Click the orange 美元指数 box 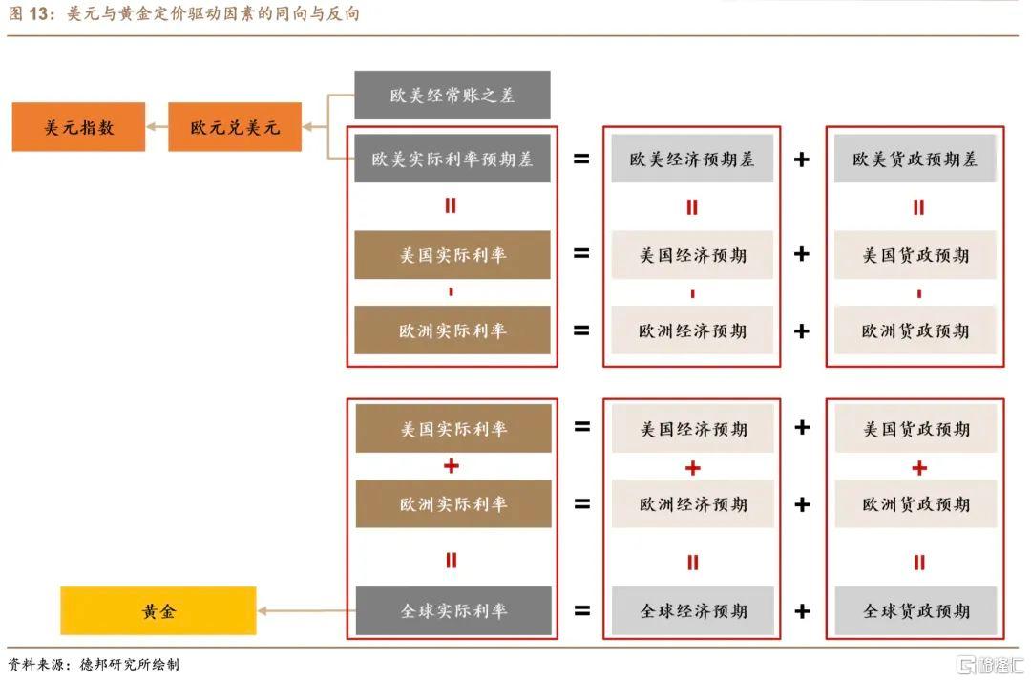click(x=78, y=127)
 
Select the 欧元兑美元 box click(x=235, y=127)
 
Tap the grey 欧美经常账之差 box click(x=452, y=96)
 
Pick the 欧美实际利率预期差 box click(x=452, y=160)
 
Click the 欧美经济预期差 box click(x=692, y=160)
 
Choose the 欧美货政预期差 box click(x=915, y=160)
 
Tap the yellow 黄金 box click(x=158, y=611)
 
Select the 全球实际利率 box click(x=452, y=611)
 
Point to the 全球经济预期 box click(x=692, y=611)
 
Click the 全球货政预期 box click(x=915, y=611)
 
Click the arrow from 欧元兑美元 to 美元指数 click(x=157, y=127)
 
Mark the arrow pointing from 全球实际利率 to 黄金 click(x=305, y=611)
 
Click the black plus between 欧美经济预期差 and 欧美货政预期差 click(x=802, y=160)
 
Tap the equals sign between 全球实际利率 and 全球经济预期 click(x=581, y=611)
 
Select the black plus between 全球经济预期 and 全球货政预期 click(x=802, y=611)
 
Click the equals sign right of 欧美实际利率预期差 click(x=581, y=160)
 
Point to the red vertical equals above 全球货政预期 click(x=918, y=563)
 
